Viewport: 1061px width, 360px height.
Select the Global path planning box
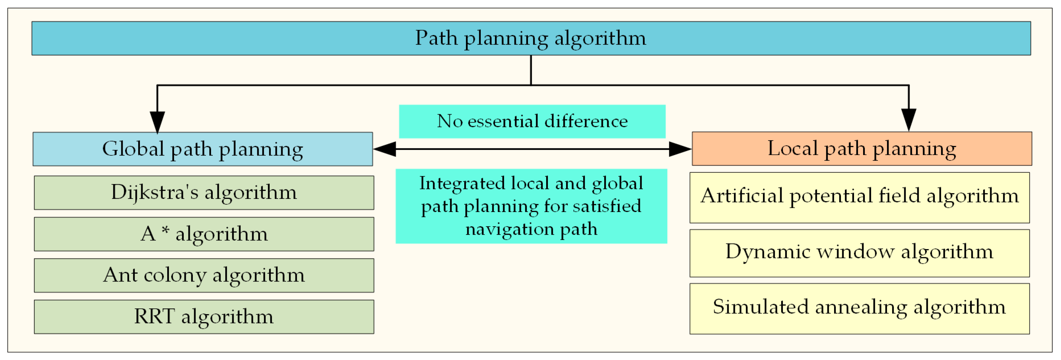point(203,149)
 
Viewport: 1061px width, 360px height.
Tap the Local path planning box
point(862,149)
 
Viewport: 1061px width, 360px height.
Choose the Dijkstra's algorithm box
point(204,193)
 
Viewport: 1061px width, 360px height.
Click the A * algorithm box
point(204,234)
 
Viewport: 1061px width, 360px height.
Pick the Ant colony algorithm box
point(204,275)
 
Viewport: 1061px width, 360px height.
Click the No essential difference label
point(532,121)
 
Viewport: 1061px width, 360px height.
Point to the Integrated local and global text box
point(531,206)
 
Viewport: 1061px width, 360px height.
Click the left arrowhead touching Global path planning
point(385,149)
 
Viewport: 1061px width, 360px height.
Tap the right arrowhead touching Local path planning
point(680,149)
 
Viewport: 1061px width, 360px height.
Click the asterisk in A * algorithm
point(165,230)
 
